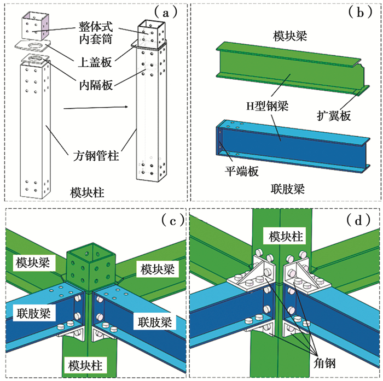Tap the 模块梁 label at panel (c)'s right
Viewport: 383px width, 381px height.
coord(156,269)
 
